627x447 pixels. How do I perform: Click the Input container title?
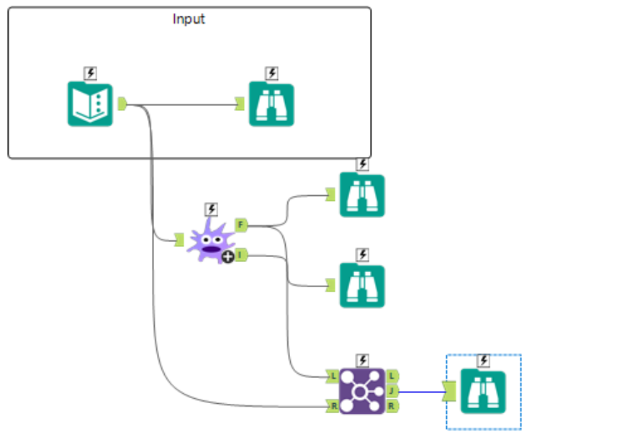click(x=189, y=19)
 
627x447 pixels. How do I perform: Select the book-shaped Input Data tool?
click(x=90, y=104)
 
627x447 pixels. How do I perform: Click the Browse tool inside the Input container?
click(x=271, y=104)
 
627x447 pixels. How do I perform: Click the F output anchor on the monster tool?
click(x=241, y=225)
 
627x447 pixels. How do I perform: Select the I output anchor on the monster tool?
click(x=241, y=254)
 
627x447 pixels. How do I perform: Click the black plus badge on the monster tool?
click(x=227, y=257)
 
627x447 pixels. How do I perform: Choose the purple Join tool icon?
click(x=362, y=391)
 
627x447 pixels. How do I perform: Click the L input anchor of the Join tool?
click(x=333, y=376)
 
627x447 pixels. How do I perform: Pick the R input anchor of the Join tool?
click(x=333, y=407)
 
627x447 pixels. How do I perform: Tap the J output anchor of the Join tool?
click(x=392, y=391)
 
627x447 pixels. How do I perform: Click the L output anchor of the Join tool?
click(x=392, y=376)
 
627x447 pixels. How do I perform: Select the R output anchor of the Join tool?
click(x=392, y=407)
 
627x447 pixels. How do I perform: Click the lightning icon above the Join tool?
click(x=363, y=360)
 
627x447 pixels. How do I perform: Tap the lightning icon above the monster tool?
click(x=211, y=209)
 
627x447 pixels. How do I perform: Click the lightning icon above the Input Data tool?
click(x=90, y=73)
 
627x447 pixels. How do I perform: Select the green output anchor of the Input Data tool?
click(x=122, y=104)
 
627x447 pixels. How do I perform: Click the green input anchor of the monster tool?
click(x=179, y=239)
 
